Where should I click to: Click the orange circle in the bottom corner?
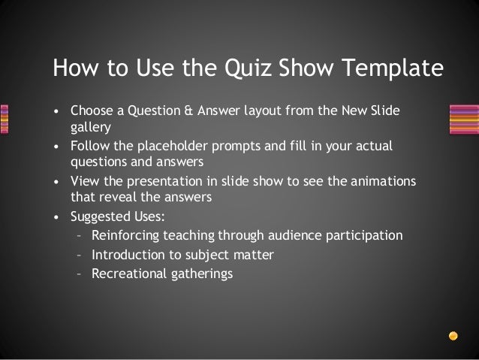[x=453, y=334]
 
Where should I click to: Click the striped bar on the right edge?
[x=463, y=119]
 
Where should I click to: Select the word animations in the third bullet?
[x=385, y=181]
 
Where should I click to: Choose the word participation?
[x=366, y=235]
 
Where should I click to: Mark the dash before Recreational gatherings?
[x=80, y=273]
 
